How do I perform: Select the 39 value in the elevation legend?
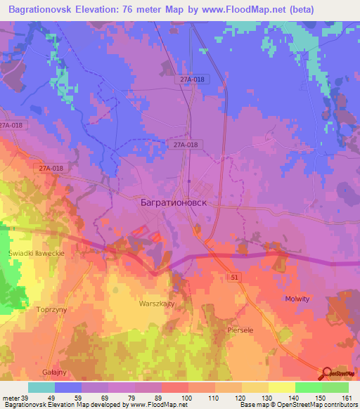pos(23,398)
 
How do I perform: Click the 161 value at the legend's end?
pos(345,398)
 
